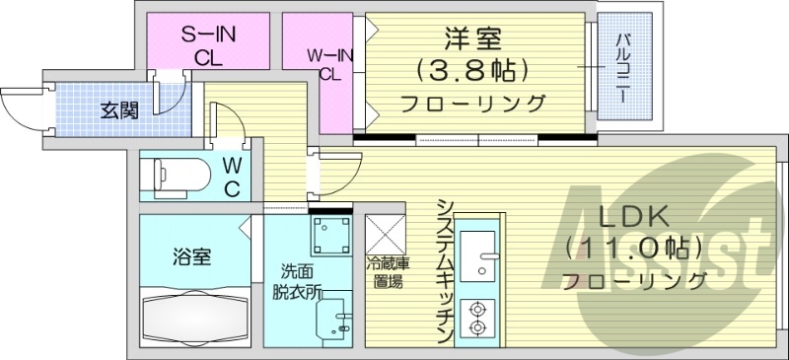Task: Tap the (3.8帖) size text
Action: coord(470,70)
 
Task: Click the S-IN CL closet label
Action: coord(206,46)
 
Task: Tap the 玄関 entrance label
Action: coord(119,108)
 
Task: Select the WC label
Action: coord(231,177)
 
